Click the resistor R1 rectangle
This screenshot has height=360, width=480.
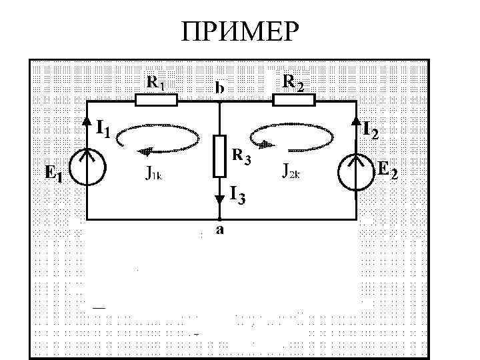[x=156, y=101]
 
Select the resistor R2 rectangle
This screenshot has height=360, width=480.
[x=293, y=100]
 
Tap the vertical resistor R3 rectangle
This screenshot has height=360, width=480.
[x=219, y=156]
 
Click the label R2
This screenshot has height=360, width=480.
[x=293, y=82]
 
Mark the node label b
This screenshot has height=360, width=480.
[x=219, y=87]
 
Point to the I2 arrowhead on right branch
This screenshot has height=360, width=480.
[x=357, y=122]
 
